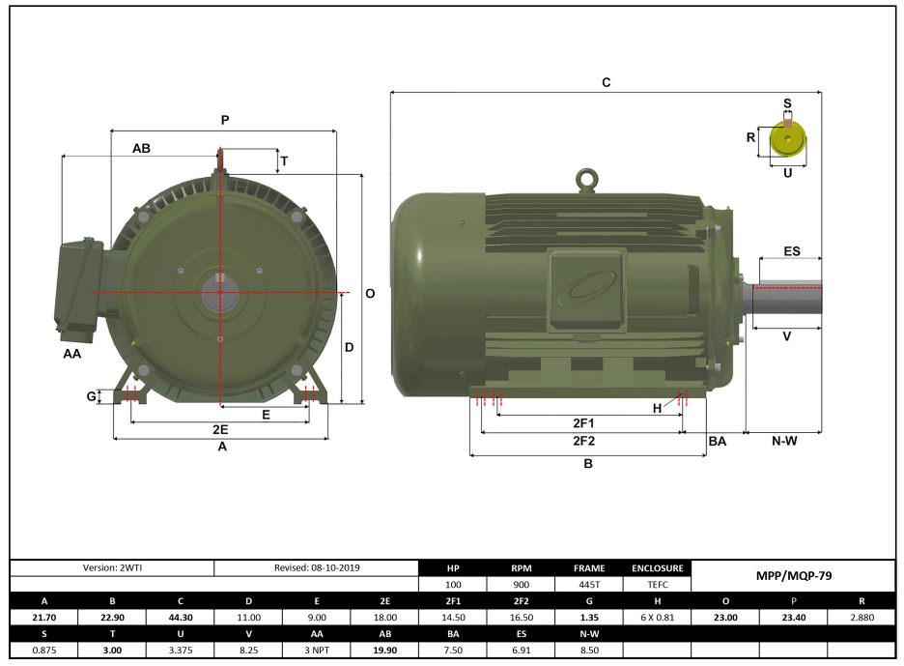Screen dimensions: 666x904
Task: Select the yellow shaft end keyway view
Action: click(788, 142)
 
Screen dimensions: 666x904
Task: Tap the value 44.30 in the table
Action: click(180, 618)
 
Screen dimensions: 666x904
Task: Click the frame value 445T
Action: click(589, 585)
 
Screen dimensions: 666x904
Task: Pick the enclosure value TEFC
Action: click(658, 585)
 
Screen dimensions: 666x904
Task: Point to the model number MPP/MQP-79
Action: click(793, 575)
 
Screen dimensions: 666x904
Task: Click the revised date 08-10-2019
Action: click(316, 567)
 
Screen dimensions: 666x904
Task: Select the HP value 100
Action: click(453, 585)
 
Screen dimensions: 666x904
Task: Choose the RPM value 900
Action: click(522, 585)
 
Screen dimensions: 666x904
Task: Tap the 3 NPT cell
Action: click(316, 651)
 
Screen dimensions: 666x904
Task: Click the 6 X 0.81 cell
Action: click(658, 618)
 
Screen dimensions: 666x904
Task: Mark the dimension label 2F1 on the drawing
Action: click(583, 423)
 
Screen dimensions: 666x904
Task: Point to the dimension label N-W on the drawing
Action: click(783, 441)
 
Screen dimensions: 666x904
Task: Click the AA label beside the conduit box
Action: click(72, 355)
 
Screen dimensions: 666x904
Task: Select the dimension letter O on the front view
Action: click(370, 294)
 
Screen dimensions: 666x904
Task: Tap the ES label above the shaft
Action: click(791, 251)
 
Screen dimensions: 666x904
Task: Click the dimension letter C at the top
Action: click(606, 83)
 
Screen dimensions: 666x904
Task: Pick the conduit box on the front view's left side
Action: click(79, 288)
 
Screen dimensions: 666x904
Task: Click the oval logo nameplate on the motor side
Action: click(586, 288)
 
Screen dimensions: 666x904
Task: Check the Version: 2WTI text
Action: click(111, 567)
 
